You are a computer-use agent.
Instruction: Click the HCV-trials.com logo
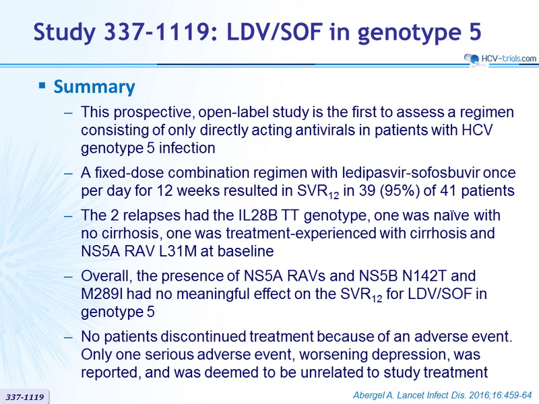(500, 59)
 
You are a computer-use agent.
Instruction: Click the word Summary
(94, 87)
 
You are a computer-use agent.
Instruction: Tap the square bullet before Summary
(42, 86)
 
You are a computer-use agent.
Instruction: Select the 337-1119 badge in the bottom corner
(25, 397)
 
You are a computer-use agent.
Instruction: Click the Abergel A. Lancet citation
(443, 395)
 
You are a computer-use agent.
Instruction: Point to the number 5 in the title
(475, 32)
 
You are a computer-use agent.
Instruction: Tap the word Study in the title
(64, 32)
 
